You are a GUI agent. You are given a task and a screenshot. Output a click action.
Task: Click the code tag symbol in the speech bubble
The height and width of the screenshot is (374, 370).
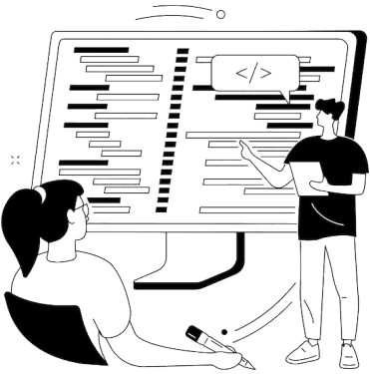tap(246, 73)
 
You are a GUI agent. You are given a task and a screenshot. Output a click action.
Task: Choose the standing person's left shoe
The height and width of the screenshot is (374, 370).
tap(299, 352)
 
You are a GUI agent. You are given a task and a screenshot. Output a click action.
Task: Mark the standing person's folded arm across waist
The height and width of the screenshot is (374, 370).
tap(334, 184)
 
